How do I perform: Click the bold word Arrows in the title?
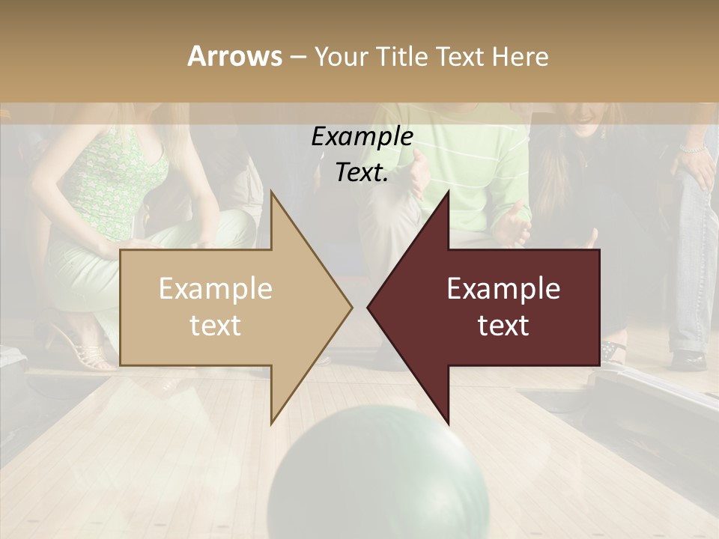pos(234,56)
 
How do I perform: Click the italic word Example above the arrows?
pos(362,137)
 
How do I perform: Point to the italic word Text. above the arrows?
pos(362,173)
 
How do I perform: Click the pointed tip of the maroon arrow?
pos(369,307)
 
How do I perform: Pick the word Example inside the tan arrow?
pos(216,289)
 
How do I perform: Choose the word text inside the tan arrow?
pos(216,325)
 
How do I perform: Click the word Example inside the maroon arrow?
pos(503,289)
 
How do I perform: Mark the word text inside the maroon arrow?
pos(503,325)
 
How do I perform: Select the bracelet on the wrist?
pos(694,149)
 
